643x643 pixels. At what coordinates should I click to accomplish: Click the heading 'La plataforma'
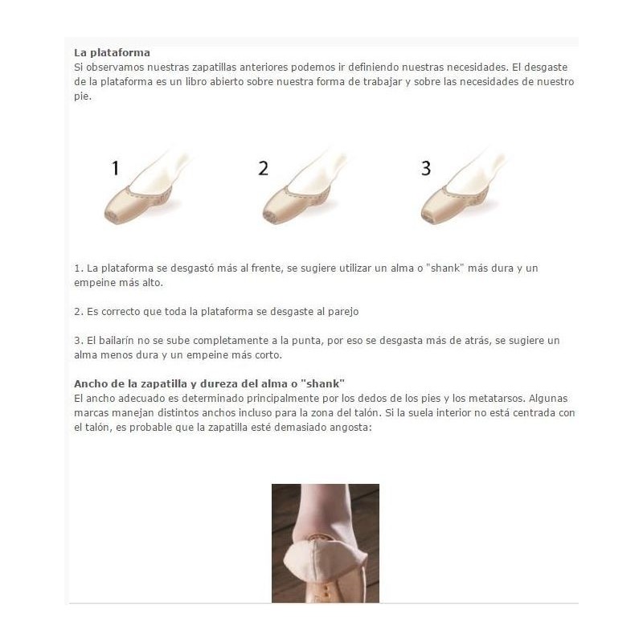(112, 53)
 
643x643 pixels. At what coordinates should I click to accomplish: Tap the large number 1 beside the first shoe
(116, 168)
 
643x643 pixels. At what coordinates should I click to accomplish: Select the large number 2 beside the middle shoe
(264, 168)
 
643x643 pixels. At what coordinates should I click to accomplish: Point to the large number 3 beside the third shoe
(426, 168)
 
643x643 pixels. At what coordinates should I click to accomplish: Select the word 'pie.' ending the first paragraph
(83, 96)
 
